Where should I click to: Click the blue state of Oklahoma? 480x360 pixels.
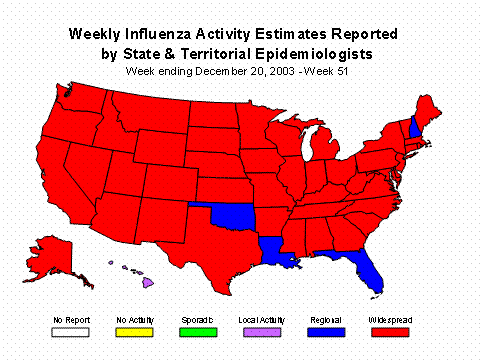click(x=233, y=215)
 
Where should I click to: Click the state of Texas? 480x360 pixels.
click(x=205, y=240)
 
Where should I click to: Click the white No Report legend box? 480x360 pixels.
click(x=67, y=331)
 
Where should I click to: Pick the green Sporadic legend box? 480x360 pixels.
click(x=196, y=331)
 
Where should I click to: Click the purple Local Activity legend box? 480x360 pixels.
click(x=259, y=331)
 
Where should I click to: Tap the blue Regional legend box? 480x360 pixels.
click(x=324, y=331)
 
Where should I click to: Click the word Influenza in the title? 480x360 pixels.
click(x=180, y=33)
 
